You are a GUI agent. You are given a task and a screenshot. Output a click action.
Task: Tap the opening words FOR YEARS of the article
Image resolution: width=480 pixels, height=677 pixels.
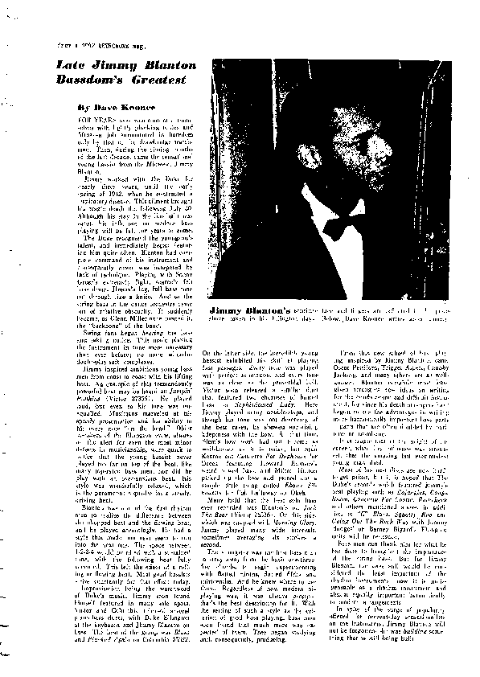point(67,118)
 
